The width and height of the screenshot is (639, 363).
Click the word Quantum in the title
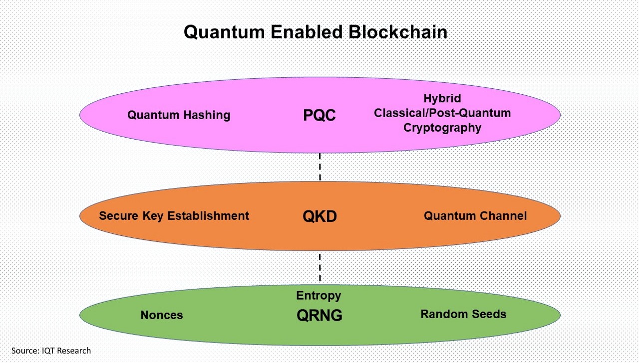(x=224, y=32)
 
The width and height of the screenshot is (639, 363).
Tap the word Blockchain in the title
(x=398, y=31)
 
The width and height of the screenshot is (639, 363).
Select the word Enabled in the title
(x=307, y=31)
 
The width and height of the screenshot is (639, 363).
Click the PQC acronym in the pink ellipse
(x=319, y=115)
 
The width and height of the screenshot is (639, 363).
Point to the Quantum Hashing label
(x=179, y=115)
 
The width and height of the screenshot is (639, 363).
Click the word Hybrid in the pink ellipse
(x=442, y=98)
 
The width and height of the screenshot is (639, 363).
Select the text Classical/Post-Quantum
(x=442, y=113)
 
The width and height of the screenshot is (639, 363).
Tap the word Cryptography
(x=442, y=128)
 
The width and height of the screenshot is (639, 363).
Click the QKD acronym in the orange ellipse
(x=319, y=216)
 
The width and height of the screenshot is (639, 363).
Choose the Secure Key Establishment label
(x=174, y=216)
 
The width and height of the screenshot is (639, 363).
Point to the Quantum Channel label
(x=475, y=216)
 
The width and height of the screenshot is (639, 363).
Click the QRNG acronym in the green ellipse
(x=319, y=316)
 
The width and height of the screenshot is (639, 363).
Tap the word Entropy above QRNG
(x=319, y=296)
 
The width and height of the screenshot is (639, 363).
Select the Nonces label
(x=162, y=315)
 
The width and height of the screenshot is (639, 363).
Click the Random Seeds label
(x=463, y=314)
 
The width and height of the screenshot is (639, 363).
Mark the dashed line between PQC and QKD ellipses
(x=320, y=167)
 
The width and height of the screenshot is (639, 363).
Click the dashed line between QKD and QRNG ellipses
(x=320, y=267)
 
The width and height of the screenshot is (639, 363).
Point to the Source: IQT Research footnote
(x=51, y=351)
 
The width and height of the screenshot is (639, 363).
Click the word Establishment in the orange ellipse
(x=208, y=216)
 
